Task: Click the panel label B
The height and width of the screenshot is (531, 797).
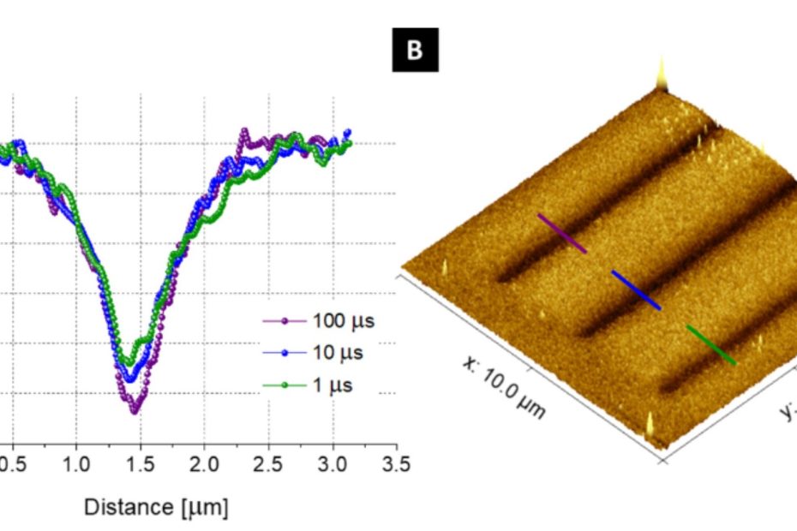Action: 415,51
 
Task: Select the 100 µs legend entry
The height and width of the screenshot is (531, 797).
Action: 319,322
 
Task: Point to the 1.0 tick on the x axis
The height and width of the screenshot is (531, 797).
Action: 76,463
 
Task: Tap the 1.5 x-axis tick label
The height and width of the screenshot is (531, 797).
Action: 140,463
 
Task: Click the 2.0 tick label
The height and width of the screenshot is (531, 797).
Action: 204,463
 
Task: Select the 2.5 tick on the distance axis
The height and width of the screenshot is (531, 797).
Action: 268,463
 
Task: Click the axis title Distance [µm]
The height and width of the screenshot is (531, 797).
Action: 156,507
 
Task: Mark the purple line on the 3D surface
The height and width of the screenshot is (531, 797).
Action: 562,234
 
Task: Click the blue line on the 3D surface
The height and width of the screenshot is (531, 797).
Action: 636,289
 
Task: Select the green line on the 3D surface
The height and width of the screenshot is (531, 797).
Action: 710,344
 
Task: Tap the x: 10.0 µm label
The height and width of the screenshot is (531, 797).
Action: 504,386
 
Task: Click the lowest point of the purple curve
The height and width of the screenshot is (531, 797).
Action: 134,411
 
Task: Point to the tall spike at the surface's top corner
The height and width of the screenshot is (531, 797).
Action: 661,75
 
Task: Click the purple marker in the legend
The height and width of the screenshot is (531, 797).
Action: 284,322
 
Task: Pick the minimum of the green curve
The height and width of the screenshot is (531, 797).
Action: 128,363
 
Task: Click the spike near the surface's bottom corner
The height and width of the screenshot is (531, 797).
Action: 651,426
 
